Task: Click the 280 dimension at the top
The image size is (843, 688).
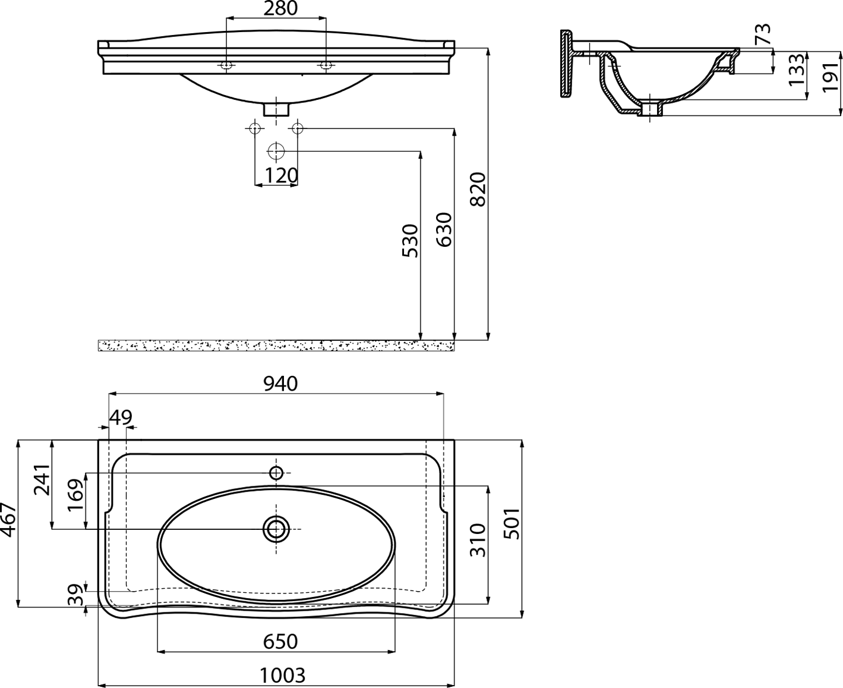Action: point(280,8)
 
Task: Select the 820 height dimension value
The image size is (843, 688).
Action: point(478,189)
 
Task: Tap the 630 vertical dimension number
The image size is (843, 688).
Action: point(444,230)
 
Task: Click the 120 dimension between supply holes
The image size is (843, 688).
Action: point(282,175)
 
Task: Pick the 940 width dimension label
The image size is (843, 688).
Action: point(280,384)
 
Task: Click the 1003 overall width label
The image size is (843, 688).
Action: point(283,676)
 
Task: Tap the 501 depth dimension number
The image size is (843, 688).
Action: point(512,524)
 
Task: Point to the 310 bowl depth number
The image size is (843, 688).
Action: point(478,541)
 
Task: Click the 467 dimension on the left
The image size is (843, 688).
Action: point(8,520)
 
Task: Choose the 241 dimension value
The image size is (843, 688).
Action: point(42,480)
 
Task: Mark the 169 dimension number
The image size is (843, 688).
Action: point(76,495)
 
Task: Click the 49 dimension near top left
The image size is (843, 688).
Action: point(121,418)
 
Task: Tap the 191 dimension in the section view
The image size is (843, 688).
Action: point(831,77)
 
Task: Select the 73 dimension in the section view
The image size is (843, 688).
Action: point(762,34)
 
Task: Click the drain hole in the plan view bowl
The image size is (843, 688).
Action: point(276,529)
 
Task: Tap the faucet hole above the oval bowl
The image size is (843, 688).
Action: point(276,473)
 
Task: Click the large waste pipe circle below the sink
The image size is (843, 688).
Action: point(276,152)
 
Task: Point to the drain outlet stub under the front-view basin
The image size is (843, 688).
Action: point(276,109)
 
